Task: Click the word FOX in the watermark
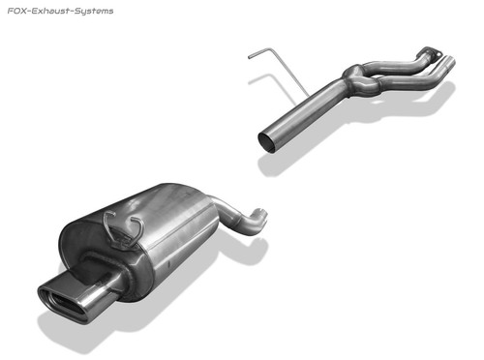point(15,11)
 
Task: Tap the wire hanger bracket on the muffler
point(123,229)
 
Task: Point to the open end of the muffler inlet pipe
point(262,215)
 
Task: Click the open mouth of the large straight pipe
point(268,142)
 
